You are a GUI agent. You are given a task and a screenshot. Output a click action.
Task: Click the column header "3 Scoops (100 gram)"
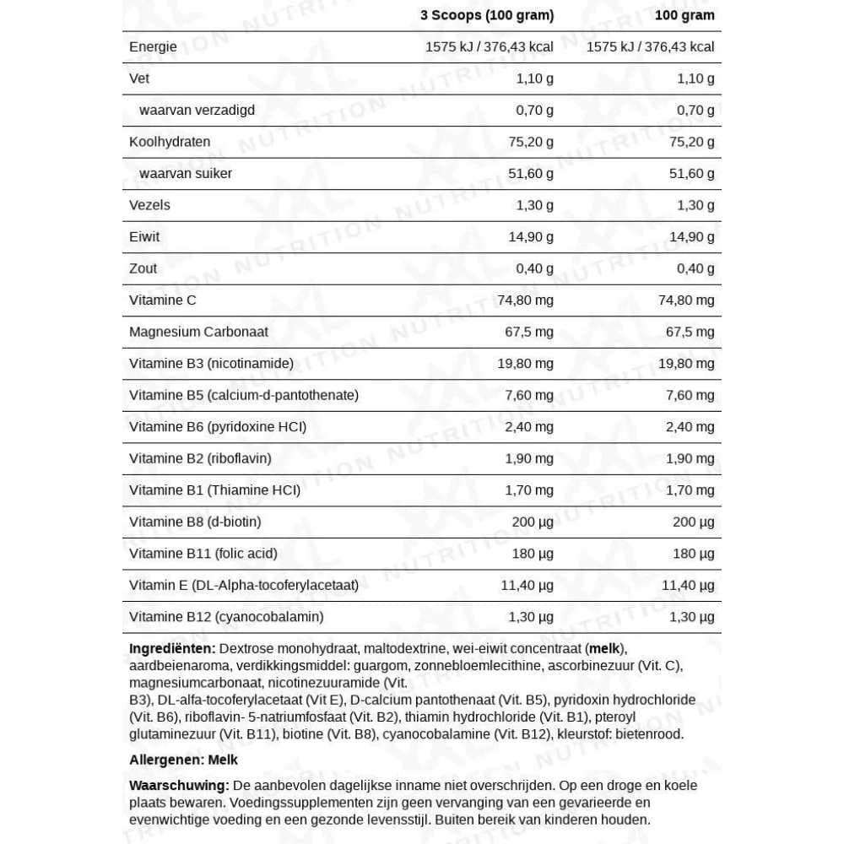click(x=487, y=15)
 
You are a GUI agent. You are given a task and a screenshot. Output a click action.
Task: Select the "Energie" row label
click(x=153, y=47)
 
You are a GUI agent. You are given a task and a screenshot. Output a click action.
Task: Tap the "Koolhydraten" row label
click(x=170, y=142)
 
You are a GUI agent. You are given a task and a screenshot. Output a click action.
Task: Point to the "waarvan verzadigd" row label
click(x=197, y=111)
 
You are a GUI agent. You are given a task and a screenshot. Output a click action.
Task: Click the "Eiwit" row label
click(x=144, y=237)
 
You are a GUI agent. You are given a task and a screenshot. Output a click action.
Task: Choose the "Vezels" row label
click(x=149, y=205)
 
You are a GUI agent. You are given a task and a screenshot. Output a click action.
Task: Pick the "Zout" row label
click(x=143, y=268)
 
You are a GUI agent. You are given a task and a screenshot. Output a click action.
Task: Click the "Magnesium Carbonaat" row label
click(x=198, y=332)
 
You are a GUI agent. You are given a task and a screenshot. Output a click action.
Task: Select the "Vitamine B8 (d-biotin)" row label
click(x=195, y=522)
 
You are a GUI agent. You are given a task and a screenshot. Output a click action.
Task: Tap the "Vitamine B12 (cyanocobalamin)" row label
click(x=226, y=617)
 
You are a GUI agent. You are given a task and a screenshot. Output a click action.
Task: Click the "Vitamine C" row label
click(x=163, y=300)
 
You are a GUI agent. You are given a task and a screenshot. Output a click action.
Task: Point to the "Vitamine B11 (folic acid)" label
click(x=203, y=554)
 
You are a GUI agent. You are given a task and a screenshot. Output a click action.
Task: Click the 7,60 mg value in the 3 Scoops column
click(x=529, y=395)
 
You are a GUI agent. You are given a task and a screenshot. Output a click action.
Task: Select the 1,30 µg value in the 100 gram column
click(x=690, y=617)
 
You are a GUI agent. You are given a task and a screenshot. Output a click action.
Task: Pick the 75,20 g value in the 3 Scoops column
click(x=529, y=142)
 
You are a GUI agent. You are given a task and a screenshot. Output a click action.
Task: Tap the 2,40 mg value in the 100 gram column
click(x=690, y=427)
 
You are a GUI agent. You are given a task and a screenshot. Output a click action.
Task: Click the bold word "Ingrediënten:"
click(x=172, y=649)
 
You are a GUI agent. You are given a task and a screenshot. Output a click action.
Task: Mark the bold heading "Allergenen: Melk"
click(x=183, y=760)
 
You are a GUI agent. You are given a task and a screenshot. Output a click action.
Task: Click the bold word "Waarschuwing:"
click(x=179, y=786)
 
